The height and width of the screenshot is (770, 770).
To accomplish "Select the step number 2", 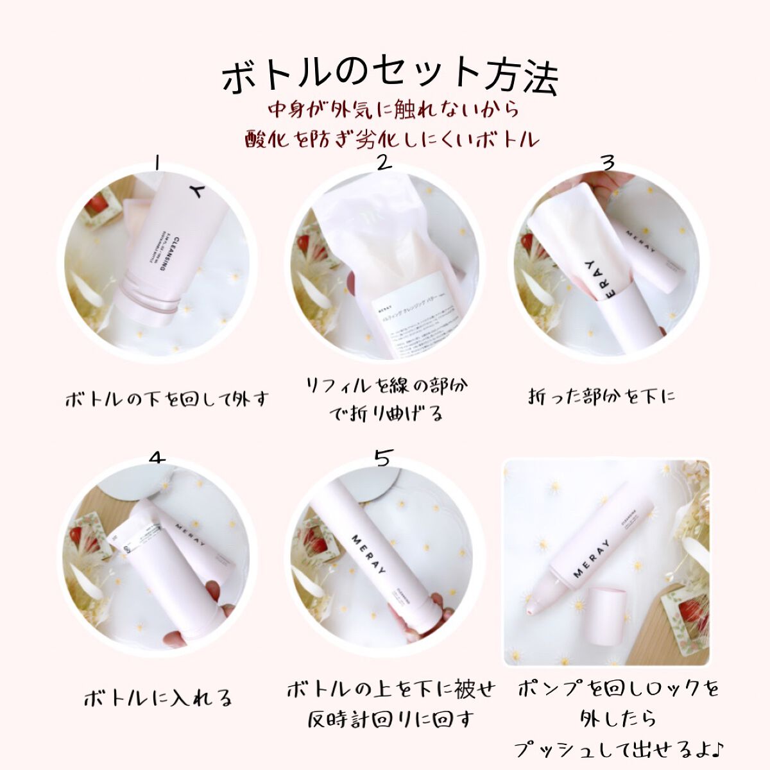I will (x=383, y=162).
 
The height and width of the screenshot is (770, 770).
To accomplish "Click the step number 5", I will (x=382, y=458).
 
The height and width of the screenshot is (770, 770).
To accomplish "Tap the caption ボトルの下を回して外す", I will (x=166, y=400).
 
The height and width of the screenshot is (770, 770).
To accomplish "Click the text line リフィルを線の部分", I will (x=386, y=386).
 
